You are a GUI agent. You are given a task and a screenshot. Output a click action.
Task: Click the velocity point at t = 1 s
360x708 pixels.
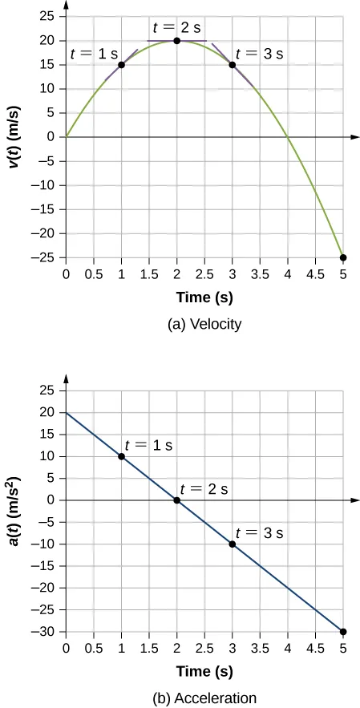pos(121,65)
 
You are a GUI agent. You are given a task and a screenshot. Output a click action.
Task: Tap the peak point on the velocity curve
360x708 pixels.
pos(176,41)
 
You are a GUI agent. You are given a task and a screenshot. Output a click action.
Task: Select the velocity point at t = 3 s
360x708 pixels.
pos(233,65)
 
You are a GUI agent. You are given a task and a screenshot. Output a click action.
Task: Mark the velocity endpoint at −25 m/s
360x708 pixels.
pos(343,257)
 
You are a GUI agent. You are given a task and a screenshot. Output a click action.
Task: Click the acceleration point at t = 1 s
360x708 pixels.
pos(121,456)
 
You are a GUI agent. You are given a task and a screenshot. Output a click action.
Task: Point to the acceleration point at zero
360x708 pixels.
pos(176,500)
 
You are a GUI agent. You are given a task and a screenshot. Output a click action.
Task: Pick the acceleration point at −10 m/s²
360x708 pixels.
pos(233,544)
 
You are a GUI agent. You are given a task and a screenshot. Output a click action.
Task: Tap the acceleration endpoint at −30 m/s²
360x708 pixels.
pos(343,632)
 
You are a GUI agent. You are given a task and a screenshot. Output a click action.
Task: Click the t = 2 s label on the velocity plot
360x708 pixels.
pos(176,26)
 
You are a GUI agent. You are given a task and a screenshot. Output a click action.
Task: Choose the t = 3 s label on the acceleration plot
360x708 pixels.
pos(260,532)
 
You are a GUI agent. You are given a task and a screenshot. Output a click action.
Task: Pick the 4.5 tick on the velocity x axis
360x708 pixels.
pos(315,274)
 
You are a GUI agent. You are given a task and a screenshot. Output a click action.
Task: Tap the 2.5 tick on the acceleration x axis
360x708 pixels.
pos(204,649)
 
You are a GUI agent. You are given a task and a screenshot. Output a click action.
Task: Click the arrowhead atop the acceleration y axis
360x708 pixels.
pos(66,378)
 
